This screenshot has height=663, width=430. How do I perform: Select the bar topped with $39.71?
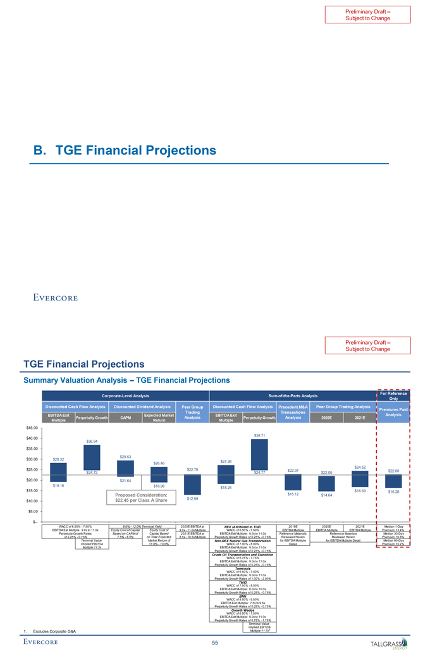[x=259, y=455]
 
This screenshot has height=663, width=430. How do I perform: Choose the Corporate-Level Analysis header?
[x=124, y=396]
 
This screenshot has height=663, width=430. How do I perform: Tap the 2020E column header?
[x=326, y=418]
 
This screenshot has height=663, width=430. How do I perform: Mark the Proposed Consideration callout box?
[x=141, y=497]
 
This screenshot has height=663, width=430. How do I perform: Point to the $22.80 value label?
[x=393, y=471]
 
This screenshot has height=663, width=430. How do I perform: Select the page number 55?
[x=215, y=643]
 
